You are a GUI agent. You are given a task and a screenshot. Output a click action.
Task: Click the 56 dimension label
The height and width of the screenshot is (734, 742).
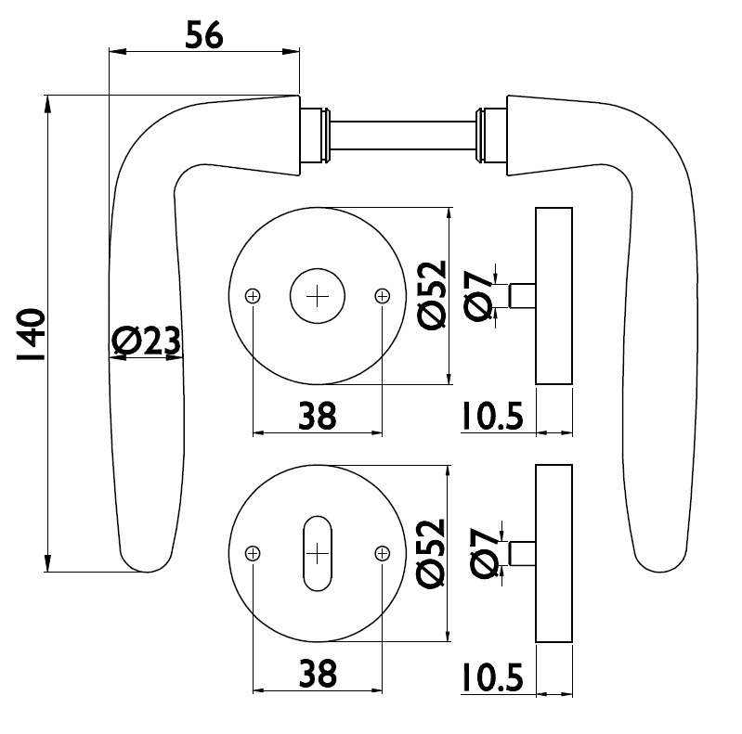click(x=204, y=35)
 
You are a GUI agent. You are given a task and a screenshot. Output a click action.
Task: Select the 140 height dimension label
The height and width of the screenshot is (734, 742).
click(x=31, y=335)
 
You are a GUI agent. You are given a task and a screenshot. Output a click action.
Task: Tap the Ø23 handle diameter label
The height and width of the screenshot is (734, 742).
click(x=146, y=341)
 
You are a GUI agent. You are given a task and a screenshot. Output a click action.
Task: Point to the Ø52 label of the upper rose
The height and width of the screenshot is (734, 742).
click(x=432, y=295)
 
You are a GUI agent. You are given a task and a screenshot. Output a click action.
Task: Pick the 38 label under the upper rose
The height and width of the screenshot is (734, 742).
click(x=317, y=416)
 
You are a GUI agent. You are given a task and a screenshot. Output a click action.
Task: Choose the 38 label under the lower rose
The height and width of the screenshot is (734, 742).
click(x=318, y=674)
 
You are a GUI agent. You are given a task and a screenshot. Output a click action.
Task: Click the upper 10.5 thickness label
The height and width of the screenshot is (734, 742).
click(x=492, y=417)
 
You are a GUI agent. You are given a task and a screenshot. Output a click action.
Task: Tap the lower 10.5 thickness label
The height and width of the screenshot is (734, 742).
click(x=492, y=677)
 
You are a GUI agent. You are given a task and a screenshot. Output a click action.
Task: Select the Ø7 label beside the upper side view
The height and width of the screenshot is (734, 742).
click(x=478, y=296)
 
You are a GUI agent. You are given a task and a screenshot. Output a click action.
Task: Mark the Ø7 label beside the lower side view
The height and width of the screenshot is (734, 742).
click(x=484, y=553)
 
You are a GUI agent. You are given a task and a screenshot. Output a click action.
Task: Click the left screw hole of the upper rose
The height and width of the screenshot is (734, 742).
click(x=254, y=296)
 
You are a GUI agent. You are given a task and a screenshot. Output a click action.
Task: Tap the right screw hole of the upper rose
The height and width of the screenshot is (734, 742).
click(x=383, y=296)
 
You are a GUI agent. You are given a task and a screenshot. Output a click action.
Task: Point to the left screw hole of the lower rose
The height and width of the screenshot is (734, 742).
click(x=254, y=553)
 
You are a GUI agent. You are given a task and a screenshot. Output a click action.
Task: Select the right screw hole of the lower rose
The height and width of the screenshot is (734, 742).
click(x=383, y=553)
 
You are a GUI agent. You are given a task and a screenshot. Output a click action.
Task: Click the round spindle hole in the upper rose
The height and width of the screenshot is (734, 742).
click(x=318, y=296)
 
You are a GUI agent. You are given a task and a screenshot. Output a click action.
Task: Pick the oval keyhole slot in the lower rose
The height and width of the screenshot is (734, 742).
click(x=318, y=553)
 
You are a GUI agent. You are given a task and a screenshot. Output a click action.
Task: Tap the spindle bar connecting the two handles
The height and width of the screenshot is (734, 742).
click(x=403, y=135)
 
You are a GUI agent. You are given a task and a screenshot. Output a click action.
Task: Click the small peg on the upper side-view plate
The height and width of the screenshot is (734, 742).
click(x=523, y=296)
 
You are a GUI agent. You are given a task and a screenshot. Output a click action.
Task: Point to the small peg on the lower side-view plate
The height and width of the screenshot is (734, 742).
click(x=523, y=553)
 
